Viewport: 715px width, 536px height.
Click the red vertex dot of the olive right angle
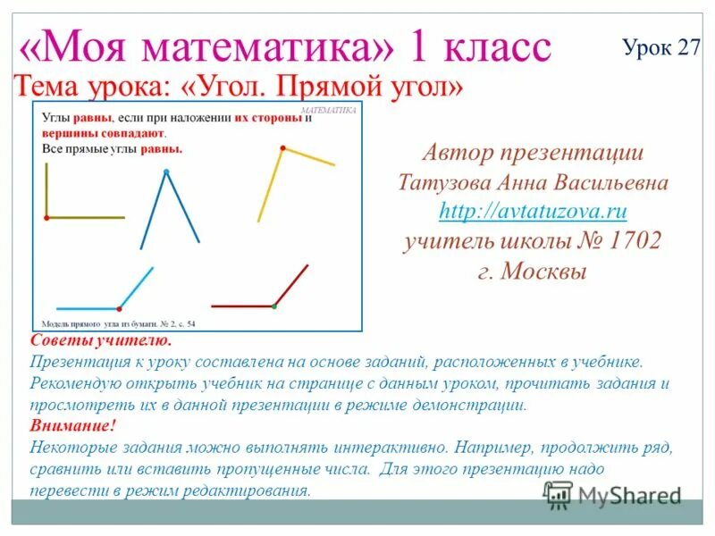click(46, 217)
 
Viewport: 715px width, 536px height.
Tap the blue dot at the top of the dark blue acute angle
click(165, 171)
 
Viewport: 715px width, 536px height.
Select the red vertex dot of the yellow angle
click(282, 147)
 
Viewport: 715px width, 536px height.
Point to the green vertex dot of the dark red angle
click(274, 306)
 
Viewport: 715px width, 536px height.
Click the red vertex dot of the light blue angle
click(119, 307)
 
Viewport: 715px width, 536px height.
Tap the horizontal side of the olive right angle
click(86, 217)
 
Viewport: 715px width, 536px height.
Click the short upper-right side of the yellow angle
click(309, 156)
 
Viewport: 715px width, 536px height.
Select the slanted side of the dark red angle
click(291, 285)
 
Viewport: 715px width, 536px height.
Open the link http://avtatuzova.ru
click(533, 212)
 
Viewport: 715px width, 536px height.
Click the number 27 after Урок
click(689, 48)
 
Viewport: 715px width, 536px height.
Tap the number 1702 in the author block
click(635, 241)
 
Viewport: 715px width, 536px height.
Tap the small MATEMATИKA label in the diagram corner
click(329, 110)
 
